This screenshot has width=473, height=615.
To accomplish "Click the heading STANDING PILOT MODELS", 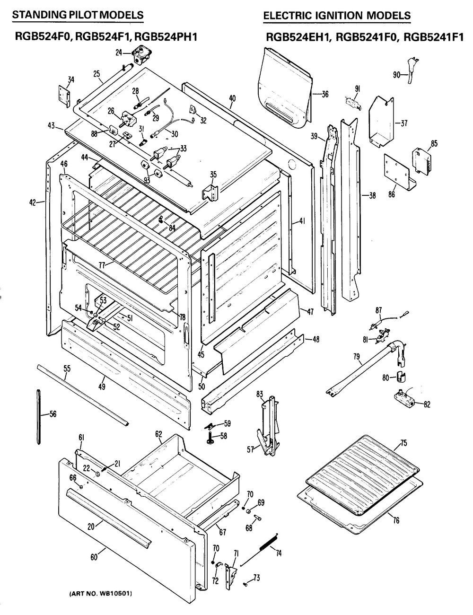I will coord(78,15).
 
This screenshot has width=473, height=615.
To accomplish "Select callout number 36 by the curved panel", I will coord(325,94).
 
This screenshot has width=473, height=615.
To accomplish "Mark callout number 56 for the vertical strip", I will coord(53,414).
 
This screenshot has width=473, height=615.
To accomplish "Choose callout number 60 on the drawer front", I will coord(94,557).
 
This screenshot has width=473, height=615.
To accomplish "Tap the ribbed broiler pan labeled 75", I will coord(355,468).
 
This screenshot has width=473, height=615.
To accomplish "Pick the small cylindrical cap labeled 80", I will coord(403,378).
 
